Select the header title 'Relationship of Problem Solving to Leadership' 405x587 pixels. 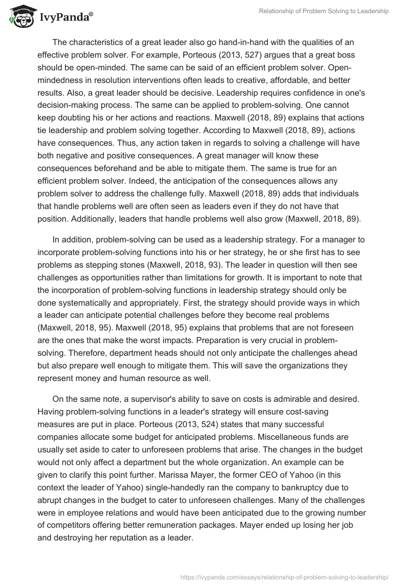[323, 12]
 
